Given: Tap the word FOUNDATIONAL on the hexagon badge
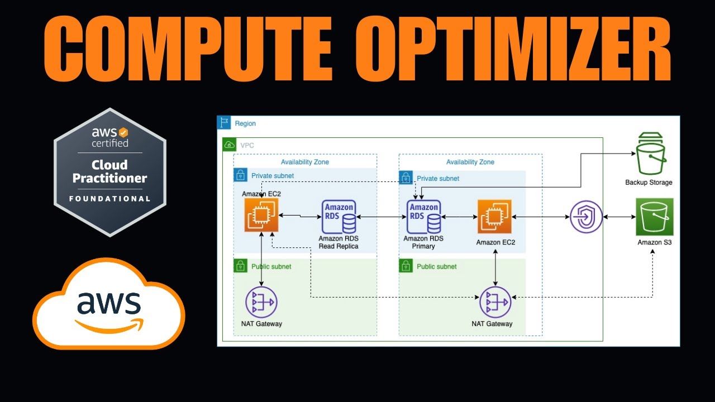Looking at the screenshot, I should pyautogui.click(x=109, y=199).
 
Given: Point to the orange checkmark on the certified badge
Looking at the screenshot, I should pyautogui.click(x=123, y=133).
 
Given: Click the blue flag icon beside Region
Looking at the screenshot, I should pyautogui.click(x=224, y=123).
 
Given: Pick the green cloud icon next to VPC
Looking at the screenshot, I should pyautogui.click(x=229, y=145).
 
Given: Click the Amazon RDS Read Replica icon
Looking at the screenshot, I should pyautogui.click(x=339, y=217).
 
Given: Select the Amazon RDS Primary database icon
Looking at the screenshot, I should pyautogui.click(x=423, y=217).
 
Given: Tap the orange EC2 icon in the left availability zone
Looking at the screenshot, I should pyautogui.click(x=261, y=215).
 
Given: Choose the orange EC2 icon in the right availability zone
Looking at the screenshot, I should pyautogui.click(x=494, y=217).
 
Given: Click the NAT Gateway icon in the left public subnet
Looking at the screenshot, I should pyautogui.click(x=261, y=302).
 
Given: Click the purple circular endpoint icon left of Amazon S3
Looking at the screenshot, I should pyautogui.click(x=586, y=217).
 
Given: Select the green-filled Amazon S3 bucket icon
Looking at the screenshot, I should pyautogui.click(x=654, y=217).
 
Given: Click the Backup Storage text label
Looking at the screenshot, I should pyautogui.click(x=649, y=183).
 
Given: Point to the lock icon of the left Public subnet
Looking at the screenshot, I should pyautogui.click(x=240, y=266).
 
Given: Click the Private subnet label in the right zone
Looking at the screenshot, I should pyautogui.click(x=438, y=179).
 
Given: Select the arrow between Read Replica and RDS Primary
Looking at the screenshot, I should pyautogui.click(x=380, y=217).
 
